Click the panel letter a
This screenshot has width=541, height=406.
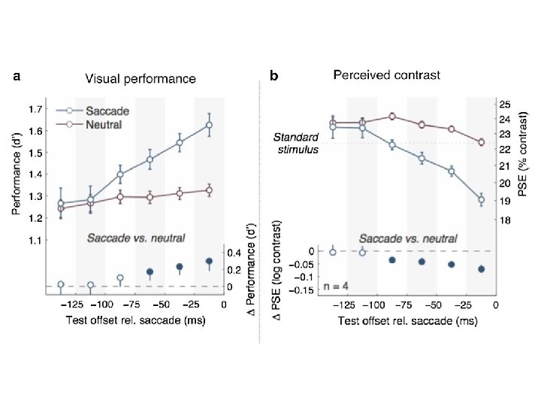pyautogui.click(x=17, y=76)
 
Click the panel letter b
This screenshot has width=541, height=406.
pyautogui.click(x=274, y=76)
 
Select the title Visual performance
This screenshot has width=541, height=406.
pyautogui.click(x=141, y=78)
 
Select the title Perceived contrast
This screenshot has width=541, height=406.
pyautogui.click(x=387, y=75)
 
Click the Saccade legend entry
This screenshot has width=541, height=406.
pyautogui.click(x=108, y=111)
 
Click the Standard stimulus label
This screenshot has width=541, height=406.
pyautogui.click(x=295, y=144)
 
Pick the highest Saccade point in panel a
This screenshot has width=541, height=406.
pyautogui.click(x=209, y=125)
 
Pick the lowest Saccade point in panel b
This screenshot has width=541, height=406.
pyautogui.click(x=481, y=199)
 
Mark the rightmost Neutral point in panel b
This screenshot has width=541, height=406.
pyautogui.click(x=481, y=141)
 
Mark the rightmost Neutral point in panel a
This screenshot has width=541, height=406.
pyautogui.click(x=209, y=190)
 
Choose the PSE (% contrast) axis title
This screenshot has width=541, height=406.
pyautogui.click(x=524, y=157)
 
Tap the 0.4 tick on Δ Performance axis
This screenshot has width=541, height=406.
pyautogui.click(x=234, y=253)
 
